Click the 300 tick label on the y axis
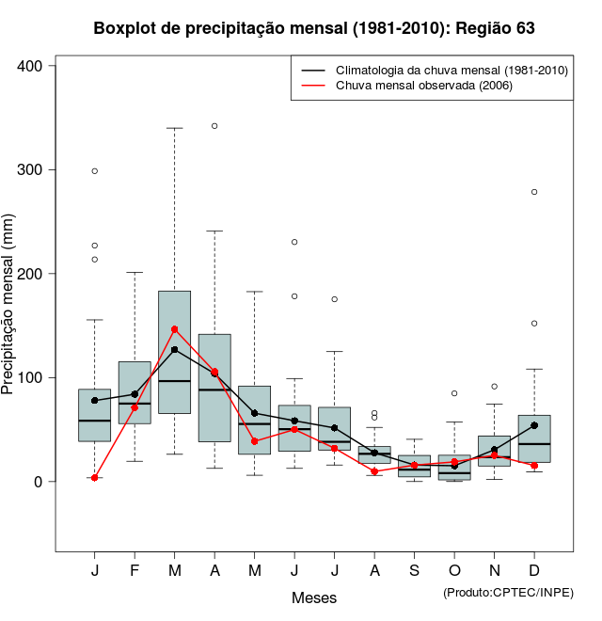[x=32, y=169]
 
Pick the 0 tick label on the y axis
[x=40, y=482]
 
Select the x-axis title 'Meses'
[x=314, y=597]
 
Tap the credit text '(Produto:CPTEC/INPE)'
[x=508, y=592]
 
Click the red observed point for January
[x=95, y=478]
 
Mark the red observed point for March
[x=175, y=329]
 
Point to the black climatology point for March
[x=175, y=350]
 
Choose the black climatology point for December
[x=534, y=425]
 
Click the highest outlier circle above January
[x=95, y=171]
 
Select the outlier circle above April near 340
[x=214, y=126]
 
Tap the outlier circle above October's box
[x=454, y=393]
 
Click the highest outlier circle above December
[x=534, y=192]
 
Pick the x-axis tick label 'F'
[x=135, y=571]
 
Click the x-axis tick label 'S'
[x=415, y=571]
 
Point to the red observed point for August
[x=374, y=471]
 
